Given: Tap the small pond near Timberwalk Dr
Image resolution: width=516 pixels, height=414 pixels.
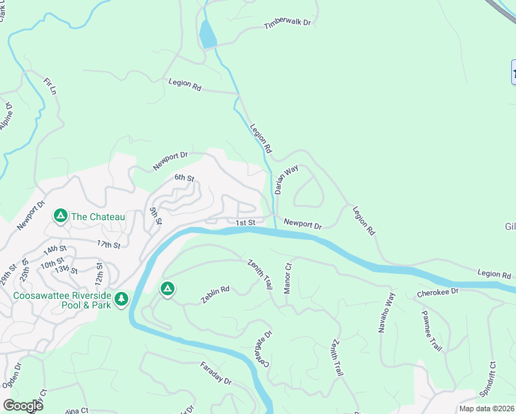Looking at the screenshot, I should coord(207,34).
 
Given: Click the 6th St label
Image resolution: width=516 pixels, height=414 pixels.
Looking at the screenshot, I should coord(183,177).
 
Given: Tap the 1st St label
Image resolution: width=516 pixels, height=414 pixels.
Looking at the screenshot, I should coord(246,223).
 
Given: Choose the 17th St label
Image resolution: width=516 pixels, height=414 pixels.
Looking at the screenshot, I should coord(108,244).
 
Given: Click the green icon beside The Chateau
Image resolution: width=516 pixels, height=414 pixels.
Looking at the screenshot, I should coord(61,217).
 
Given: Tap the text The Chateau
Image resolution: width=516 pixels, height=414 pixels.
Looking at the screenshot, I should coord(98,217).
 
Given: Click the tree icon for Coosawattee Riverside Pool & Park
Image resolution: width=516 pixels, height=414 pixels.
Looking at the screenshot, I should coord(122,299).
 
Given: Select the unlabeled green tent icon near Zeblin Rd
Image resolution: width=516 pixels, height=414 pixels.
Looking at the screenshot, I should coord(166,288).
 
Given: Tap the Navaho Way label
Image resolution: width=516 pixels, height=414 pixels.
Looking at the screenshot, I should coord(386,313).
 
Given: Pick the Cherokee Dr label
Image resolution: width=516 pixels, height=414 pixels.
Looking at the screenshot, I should coord(437,293).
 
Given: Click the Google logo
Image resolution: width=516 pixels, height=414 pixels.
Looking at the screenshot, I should coord(23,406).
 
